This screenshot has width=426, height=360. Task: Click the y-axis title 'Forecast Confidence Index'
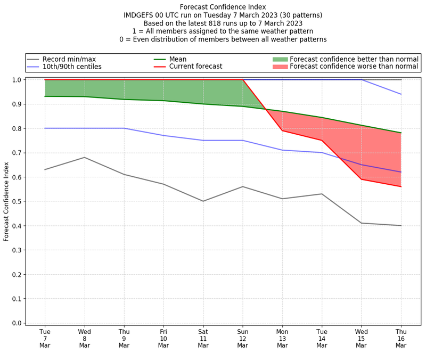coord(6,202)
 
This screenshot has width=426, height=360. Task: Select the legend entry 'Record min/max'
coord(69,59)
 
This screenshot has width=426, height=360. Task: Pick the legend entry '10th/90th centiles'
coord(72,67)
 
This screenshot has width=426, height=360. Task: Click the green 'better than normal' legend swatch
coord(280,59)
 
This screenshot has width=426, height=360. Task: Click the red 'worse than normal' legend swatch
coord(280,67)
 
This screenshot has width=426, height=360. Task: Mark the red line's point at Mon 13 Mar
coord(282,130)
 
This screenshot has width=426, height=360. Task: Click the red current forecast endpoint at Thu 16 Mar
coord(401,186)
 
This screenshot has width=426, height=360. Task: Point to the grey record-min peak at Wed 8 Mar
coord(85,157)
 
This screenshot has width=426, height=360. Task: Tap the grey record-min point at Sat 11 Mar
coord(203,201)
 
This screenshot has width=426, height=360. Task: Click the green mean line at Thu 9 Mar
coord(124,99)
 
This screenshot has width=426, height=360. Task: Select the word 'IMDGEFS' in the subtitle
coord(140,15)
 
